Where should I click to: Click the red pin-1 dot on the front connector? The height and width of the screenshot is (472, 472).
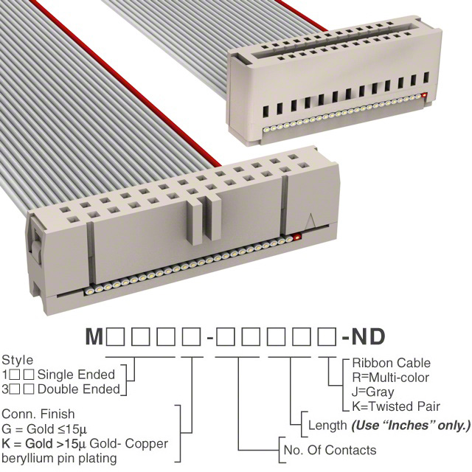pyautogui.click(x=297, y=237)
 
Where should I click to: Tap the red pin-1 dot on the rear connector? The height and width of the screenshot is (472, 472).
pyautogui.click(x=425, y=96)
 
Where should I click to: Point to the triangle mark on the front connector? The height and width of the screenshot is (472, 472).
pyautogui.click(x=310, y=221)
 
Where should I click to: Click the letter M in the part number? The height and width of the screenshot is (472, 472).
pyautogui.click(x=94, y=336)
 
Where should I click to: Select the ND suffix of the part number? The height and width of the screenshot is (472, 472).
pyautogui.click(x=368, y=336)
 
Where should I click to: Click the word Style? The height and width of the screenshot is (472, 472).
pyautogui.click(x=18, y=361)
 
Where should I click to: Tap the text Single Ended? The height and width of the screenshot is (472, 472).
pyautogui.click(x=76, y=375)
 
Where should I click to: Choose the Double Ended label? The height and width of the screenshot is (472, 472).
pyautogui.click(x=79, y=389)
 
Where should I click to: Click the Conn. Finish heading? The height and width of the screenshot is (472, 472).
pyautogui.click(x=38, y=414)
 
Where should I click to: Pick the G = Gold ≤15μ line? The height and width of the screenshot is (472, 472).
pyautogui.click(x=44, y=429)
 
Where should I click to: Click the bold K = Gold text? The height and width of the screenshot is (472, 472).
pyautogui.click(x=27, y=443)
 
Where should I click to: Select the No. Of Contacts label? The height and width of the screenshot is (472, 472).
pyautogui.click(x=330, y=450)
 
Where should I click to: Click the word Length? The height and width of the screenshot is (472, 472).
pyautogui.click(x=327, y=426)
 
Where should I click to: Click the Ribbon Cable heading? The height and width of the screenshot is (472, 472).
pyautogui.click(x=392, y=363)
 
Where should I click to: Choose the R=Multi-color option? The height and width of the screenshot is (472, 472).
pyautogui.click(x=390, y=378)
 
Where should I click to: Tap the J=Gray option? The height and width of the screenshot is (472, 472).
pyautogui.click(x=373, y=392)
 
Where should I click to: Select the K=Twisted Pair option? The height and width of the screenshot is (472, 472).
pyautogui.click(x=396, y=406)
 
